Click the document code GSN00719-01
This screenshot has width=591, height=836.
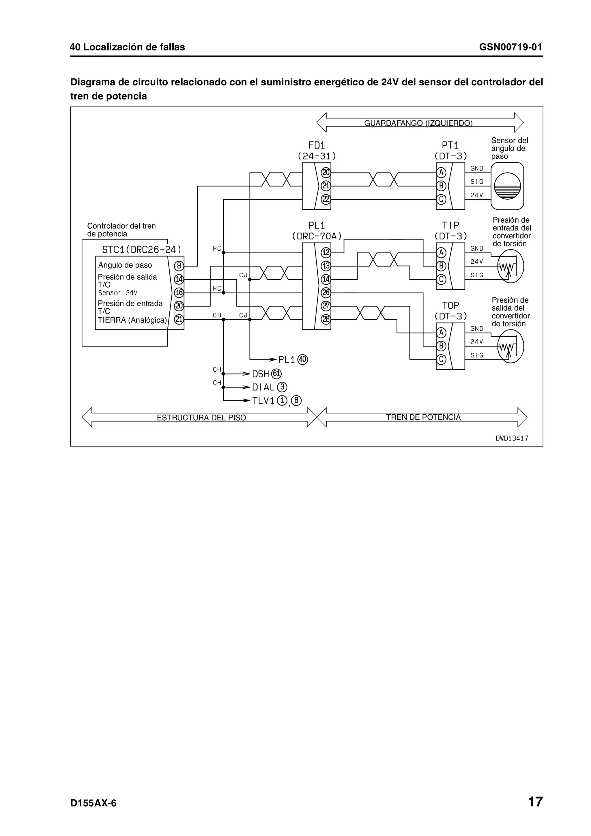tap(510, 47)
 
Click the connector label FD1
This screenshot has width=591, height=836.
tap(317, 145)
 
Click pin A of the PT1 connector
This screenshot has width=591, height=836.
tap(441, 172)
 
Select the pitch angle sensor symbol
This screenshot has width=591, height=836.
tap(507, 186)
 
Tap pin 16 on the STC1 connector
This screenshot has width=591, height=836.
tap(179, 293)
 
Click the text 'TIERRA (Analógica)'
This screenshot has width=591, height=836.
tap(132, 320)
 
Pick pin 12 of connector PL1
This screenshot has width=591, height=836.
tap(326, 252)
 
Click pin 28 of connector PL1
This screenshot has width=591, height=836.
tap(326, 319)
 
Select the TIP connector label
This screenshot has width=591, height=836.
tap(450, 225)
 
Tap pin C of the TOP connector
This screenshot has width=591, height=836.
tap(441, 359)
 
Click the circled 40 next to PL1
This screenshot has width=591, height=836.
tap(303, 359)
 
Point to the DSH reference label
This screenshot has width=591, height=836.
tap(260, 374)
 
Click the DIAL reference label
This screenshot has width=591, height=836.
tap(263, 387)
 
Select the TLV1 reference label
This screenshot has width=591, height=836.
tap(263, 400)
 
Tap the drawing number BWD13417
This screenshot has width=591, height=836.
tap(512, 438)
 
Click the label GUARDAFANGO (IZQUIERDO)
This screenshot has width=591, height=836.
tap(418, 123)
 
